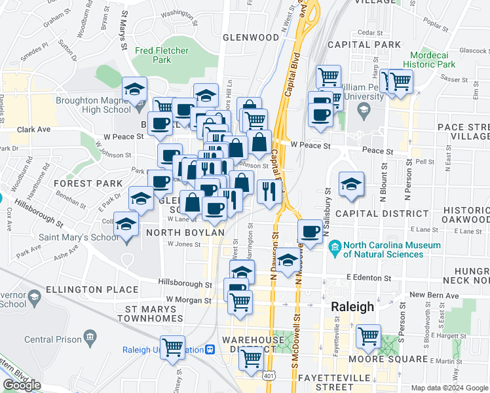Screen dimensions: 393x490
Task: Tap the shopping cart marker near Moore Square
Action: pyautogui.click(x=368, y=337)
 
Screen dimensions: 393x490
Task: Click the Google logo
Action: pyautogui.click(x=22, y=385)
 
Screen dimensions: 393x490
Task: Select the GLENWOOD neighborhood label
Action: pyautogui.click(x=250, y=37)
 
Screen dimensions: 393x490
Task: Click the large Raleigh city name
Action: pyautogui.click(x=352, y=307)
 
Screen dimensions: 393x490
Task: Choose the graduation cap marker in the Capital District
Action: pyautogui.click(x=351, y=184)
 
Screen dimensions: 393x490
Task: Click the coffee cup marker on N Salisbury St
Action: pyautogui.click(x=310, y=231)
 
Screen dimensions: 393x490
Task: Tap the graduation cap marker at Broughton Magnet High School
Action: pyautogui.click(x=135, y=89)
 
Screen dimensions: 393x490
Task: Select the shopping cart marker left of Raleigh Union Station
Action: pyautogui.click(x=173, y=346)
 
